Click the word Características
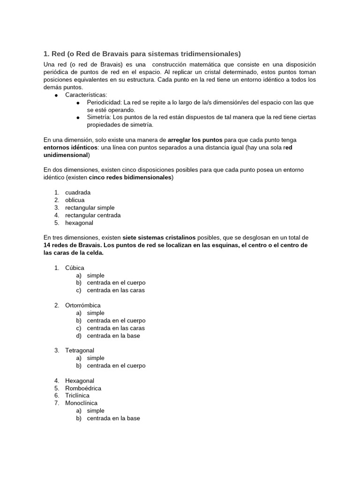[x=86, y=95]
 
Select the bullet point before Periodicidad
[x=78, y=103]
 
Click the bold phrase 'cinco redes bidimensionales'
[x=131, y=178]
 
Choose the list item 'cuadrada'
[x=78, y=193]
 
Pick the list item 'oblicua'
[x=75, y=200]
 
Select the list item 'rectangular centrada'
[x=93, y=215]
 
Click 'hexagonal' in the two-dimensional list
[x=79, y=223]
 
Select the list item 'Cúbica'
[x=75, y=268]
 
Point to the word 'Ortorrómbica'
[x=83, y=305]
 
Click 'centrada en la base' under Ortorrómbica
[x=113, y=336]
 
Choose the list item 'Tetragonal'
[x=80, y=350]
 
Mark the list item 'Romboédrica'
[x=83, y=388]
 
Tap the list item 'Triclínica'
[x=77, y=396]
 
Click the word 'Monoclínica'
[x=82, y=403]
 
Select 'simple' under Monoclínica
[x=96, y=411]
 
